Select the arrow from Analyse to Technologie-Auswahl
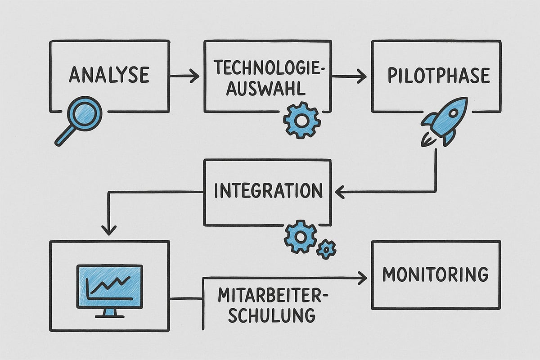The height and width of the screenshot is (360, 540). (184, 76)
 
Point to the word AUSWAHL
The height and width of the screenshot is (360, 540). (265, 88)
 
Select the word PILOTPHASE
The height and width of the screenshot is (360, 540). (438, 76)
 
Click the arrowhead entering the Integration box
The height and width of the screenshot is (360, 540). (339, 193)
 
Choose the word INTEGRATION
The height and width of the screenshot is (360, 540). (269, 191)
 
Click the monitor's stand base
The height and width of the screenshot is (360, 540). (110, 315)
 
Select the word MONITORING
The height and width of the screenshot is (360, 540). (435, 274)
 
